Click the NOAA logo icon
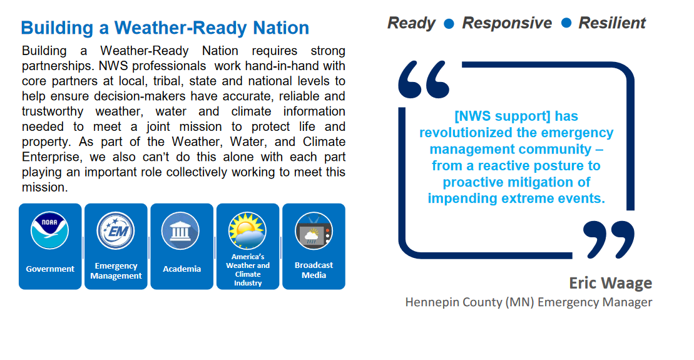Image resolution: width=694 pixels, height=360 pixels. (x=49, y=230)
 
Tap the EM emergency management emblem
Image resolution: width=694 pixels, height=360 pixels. (x=116, y=230)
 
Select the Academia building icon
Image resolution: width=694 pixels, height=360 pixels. (x=181, y=230)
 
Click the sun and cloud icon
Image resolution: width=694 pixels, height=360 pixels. (x=247, y=230)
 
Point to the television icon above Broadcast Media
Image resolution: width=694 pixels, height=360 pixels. (x=314, y=230)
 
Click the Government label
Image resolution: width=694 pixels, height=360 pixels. (x=50, y=269)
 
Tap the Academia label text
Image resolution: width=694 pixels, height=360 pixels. (x=182, y=269)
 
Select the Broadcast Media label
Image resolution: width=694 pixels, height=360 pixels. (x=314, y=270)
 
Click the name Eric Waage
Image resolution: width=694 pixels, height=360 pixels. (x=610, y=283)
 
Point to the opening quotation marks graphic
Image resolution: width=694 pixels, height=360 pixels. (x=424, y=80)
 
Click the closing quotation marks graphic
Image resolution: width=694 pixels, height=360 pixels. (x=608, y=240)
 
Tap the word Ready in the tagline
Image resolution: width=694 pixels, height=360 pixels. (x=412, y=23)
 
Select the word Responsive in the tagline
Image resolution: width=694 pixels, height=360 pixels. (x=508, y=23)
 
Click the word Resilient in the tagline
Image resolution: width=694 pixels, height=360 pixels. (x=612, y=23)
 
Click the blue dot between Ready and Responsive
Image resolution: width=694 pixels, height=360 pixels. (x=449, y=23)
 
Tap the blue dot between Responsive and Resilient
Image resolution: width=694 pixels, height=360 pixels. (x=566, y=23)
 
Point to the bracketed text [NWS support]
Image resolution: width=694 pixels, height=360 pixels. (x=503, y=116)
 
